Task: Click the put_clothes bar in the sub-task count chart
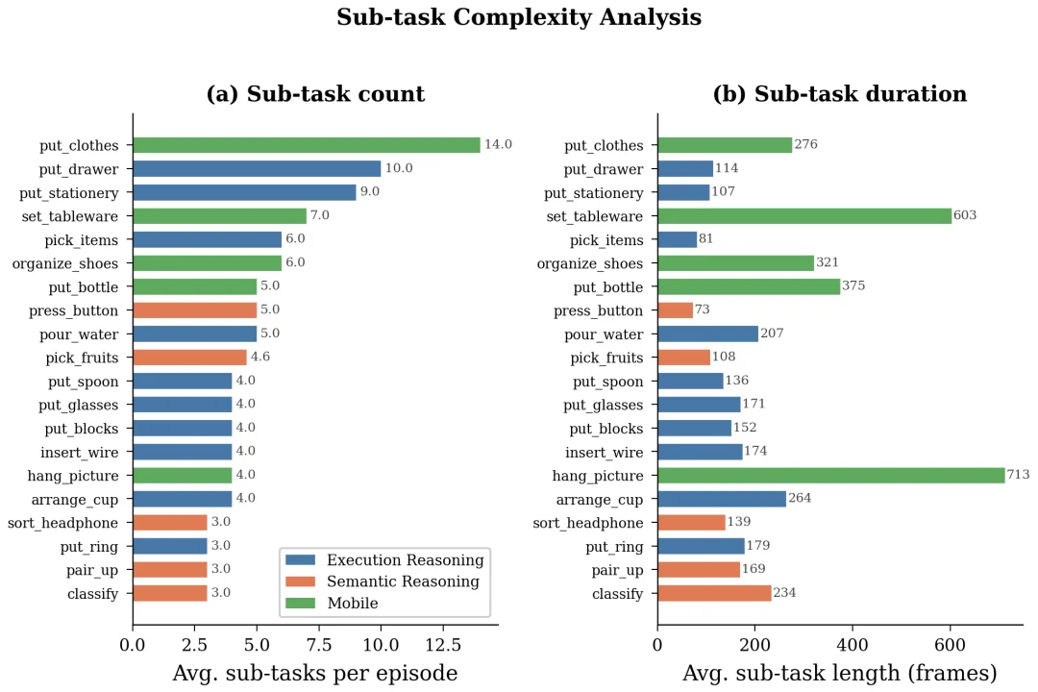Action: (x=306, y=145)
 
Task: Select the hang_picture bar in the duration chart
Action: (x=830, y=475)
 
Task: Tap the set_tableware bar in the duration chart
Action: (x=803, y=215)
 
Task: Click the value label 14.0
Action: (x=498, y=145)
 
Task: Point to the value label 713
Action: (x=1018, y=475)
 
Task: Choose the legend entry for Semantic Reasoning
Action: (x=403, y=581)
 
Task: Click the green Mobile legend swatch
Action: (x=301, y=604)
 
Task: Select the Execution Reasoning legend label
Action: (x=405, y=560)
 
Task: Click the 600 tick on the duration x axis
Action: (x=950, y=643)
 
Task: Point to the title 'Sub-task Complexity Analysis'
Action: (x=519, y=17)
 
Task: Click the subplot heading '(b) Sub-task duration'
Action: (x=839, y=94)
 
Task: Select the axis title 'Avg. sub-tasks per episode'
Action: (x=314, y=673)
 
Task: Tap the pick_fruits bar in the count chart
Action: (x=189, y=358)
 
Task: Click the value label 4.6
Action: (x=262, y=358)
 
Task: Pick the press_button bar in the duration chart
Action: (x=675, y=310)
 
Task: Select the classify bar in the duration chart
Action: (x=714, y=593)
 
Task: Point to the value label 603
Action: (x=965, y=215)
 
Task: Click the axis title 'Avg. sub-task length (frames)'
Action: (x=839, y=673)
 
